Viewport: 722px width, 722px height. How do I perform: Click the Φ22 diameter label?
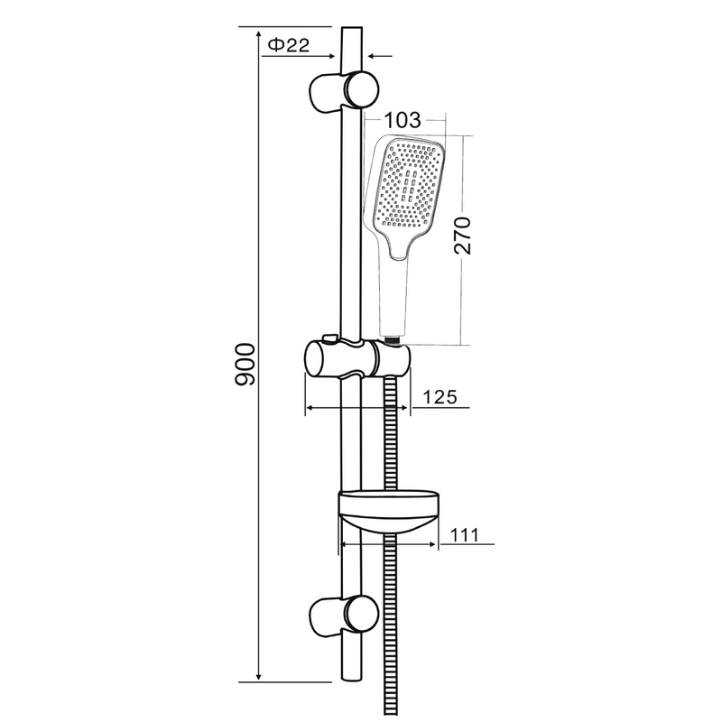click(289, 44)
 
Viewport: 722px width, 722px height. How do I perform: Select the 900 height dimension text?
click(245, 365)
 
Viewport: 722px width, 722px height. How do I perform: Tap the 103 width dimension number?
click(402, 120)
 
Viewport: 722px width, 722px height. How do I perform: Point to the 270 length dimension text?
click(462, 236)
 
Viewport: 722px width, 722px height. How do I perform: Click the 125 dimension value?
click(440, 396)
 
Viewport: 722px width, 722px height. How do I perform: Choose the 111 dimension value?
click(464, 535)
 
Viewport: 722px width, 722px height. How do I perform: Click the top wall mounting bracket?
click(345, 91)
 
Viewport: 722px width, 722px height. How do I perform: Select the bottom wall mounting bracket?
click(345, 615)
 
